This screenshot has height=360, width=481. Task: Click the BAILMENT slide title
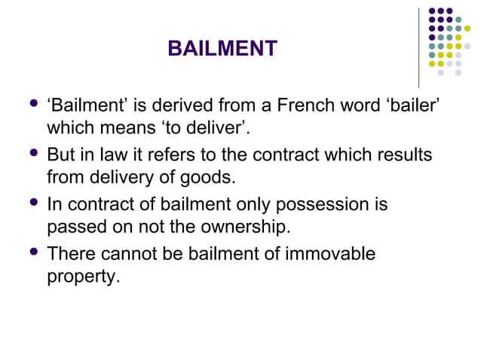tap(222, 50)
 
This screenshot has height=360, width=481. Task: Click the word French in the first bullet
tap(297, 105)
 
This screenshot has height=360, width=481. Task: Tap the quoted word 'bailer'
tap(411, 105)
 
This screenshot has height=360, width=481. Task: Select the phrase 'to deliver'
tap(204, 129)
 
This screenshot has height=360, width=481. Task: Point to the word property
tap(82, 276)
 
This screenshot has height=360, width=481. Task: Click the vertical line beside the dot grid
tap(418, 47)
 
